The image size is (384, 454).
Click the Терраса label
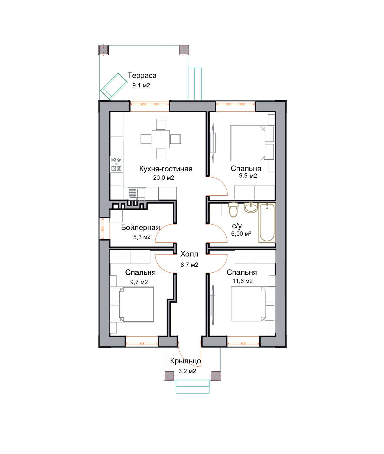(x=142, y=75)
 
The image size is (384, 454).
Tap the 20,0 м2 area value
(x=164, y=178)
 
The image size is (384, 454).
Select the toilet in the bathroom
(x=233, y=210)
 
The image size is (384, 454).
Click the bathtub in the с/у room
(x=267, y=222)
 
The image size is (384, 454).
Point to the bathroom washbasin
(x=251, y=208)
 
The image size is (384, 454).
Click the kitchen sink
(x=137, y=193)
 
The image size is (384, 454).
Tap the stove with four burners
(x=116, y=165)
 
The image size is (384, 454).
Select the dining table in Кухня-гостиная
(x=161, y=139)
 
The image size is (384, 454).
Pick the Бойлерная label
(x=140, y=228)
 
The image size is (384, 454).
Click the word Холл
(x=189, y=254)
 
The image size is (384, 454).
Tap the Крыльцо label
(x=186, y=361)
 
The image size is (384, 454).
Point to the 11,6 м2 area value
(x=243, y=281)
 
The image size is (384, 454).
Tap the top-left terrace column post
(x=103, y=50)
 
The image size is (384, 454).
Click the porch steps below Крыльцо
(x=193, y=386)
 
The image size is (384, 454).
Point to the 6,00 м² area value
(x=241, y=234)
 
